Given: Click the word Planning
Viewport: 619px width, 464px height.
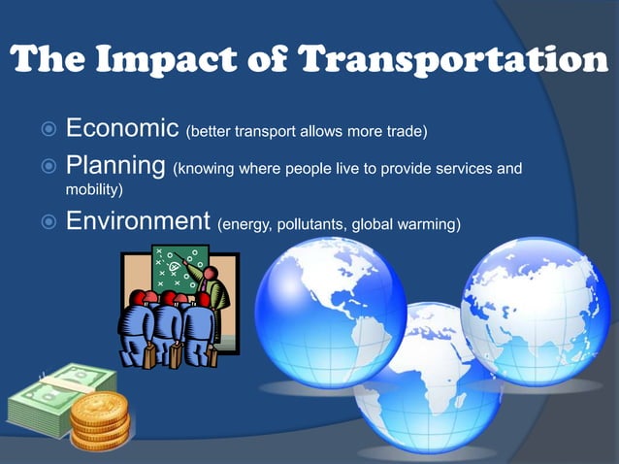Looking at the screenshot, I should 115,168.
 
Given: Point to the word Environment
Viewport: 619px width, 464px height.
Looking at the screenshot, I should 139,223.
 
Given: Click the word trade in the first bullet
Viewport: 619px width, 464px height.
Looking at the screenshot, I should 405,131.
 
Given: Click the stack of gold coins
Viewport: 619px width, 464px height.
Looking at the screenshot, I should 99,417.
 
